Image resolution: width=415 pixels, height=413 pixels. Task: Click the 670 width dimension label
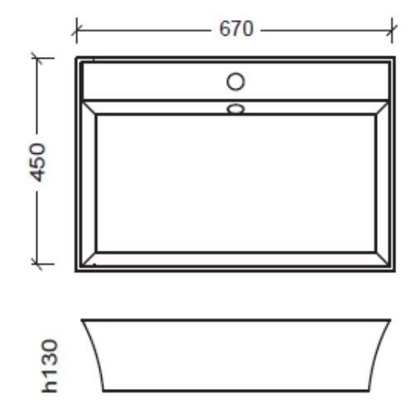(236, 29)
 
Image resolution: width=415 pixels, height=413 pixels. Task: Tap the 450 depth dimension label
(37, 162)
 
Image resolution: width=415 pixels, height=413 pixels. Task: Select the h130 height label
(50, 365)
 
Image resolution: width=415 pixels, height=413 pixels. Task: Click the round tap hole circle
(235, 81)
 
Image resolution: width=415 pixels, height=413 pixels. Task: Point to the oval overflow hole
(235, 108)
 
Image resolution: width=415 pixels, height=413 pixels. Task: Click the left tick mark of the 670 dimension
(76, 31)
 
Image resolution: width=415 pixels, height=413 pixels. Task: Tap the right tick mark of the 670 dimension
(392, 31)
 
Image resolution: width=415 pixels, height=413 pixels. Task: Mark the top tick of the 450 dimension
(37, 58)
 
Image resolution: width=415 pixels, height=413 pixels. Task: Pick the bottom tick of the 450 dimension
(37, 264)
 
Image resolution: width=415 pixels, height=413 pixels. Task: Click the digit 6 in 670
(224, 29)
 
